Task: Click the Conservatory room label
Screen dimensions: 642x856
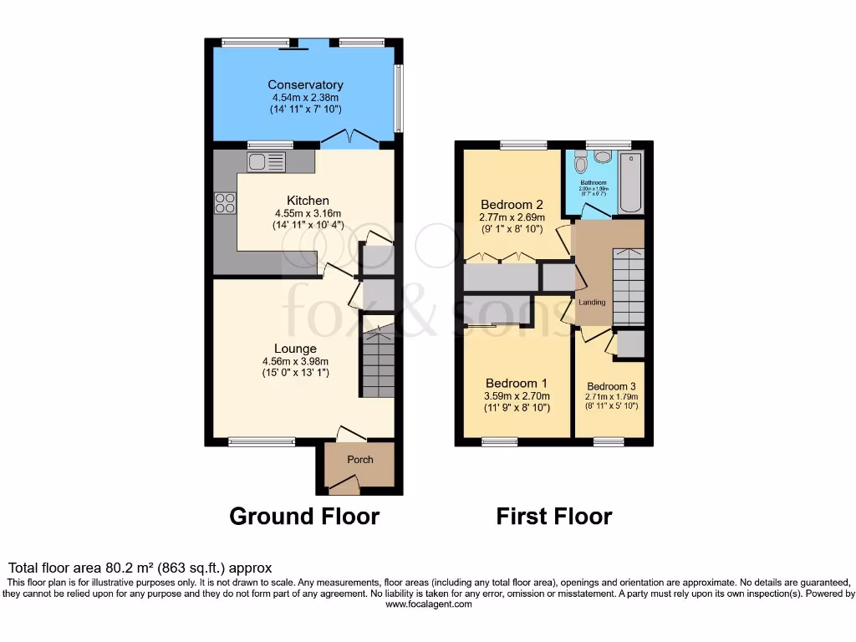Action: click(x=305, y=85)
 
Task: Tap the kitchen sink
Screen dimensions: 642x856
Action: click(x=267, y=161)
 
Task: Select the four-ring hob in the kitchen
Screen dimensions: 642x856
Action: click(x=225, y=202)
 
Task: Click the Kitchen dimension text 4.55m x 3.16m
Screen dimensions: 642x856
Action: click(x=308, y=213)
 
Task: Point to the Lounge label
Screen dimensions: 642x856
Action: click(x=295, y=349)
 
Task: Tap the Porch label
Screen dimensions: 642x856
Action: click(x=360, y=460)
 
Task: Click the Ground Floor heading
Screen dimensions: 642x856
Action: click(x=304, y=517)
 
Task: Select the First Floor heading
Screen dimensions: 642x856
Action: click(x=553, y=517)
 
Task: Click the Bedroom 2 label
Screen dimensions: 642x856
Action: click(x=512, y=205)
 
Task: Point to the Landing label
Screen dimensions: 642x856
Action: click(x=591, y=302)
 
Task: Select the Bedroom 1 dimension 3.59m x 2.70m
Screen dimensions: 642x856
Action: click(x=516, y=396)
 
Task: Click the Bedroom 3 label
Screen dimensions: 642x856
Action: click(x=610, y=386)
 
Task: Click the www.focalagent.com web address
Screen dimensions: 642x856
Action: click(x=428, y=604)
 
